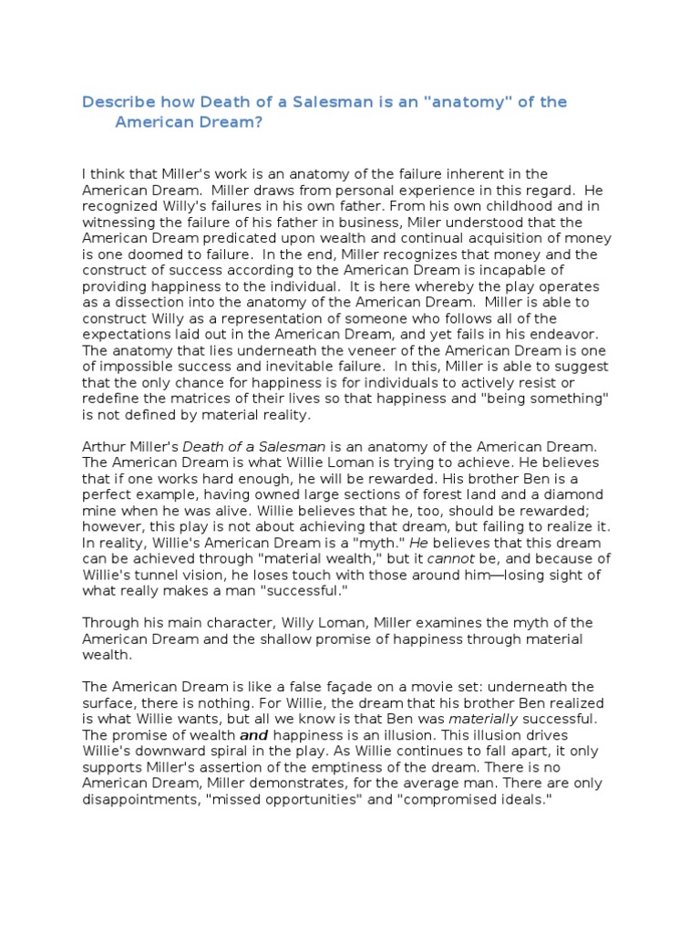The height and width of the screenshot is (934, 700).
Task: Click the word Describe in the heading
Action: [118, 101]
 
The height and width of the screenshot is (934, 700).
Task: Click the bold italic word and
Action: [253, 735]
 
